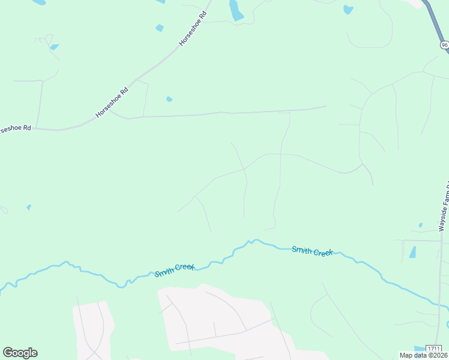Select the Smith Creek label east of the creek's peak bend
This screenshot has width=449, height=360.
(x=312, y=251)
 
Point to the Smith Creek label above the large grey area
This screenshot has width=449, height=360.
(x=175, y=271)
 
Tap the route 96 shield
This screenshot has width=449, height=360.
(x=444, y=45)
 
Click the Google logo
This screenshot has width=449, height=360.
(x=20, y=353)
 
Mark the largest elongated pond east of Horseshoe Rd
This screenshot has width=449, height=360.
(x=236, y=11)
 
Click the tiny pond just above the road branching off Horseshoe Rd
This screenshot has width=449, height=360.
(x=169, y=99)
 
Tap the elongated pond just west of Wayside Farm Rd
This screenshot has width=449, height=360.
(x=413, y=252)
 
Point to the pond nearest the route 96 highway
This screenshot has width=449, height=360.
(x=348, y=9)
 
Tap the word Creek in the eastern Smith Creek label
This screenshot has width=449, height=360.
(x=323, y=253)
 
